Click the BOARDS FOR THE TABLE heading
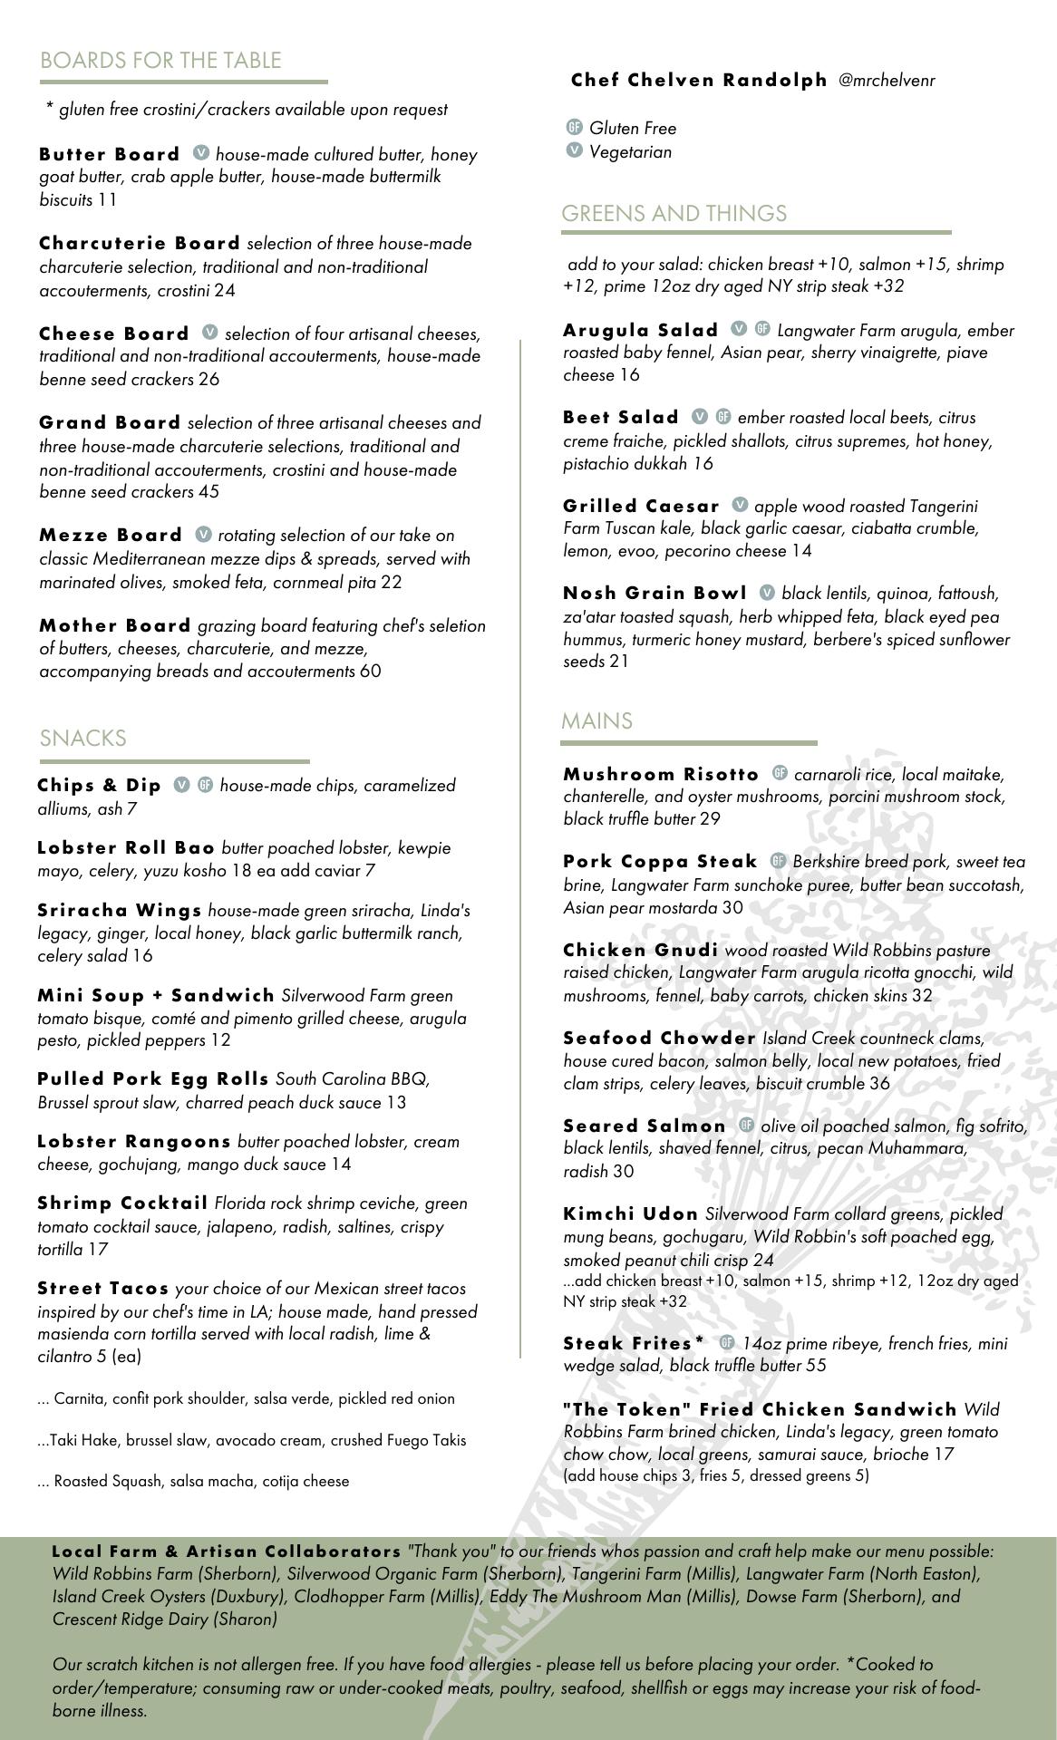click(x=160, y=61)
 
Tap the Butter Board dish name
click(x=109, y=154)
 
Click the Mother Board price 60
click(x=370, y=672)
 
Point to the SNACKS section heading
click(x=82, y=739)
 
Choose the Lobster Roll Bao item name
click(x=126, y=848)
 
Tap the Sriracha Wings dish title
click(x=120, y=910)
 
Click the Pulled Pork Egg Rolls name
click(x=153, y=1079)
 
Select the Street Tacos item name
click(x=103, y=1289)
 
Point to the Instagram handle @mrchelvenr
click(x=887, y=81)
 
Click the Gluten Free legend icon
click(x=574, y=127)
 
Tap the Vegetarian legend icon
click(x=574, y=150)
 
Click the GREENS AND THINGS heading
click(x=674, y=214)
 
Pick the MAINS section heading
click(x=596, y=721)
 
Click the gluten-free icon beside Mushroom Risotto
click(x=780, y=773)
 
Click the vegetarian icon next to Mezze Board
click(x=203, y=535)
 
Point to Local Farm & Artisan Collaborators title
click(x=227, y=1551)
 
